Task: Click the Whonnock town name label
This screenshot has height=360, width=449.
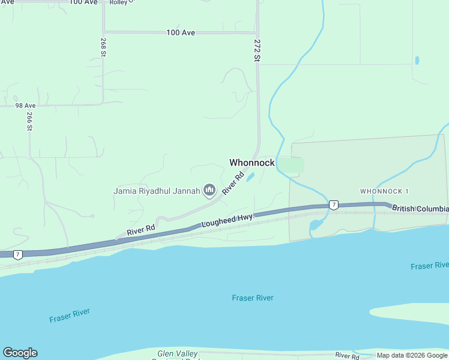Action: pos(252,163)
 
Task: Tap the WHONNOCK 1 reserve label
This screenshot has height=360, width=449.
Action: pos(384,191)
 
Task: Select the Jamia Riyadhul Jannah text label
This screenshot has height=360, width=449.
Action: pos(157,191)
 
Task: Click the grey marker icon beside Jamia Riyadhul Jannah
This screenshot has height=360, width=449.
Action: pos(209,191)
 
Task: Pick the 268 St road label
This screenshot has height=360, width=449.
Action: pos(103,47)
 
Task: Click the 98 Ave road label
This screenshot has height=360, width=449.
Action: pos(26,105)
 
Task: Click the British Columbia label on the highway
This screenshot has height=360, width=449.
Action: pos(420,208)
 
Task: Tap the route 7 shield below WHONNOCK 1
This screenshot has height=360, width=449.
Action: pos(333,205)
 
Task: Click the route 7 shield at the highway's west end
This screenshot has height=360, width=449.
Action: pos(19,254)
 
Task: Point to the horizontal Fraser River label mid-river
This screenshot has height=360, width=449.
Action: pos(253,298)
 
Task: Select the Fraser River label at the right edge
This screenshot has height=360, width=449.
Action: pos(430,265)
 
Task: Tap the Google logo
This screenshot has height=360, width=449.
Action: pos(20,353)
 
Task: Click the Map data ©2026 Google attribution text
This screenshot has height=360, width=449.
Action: pos(412,355)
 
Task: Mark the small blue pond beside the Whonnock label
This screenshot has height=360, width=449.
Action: pos(250,177)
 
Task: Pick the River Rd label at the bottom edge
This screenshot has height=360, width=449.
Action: pos(347,356)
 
